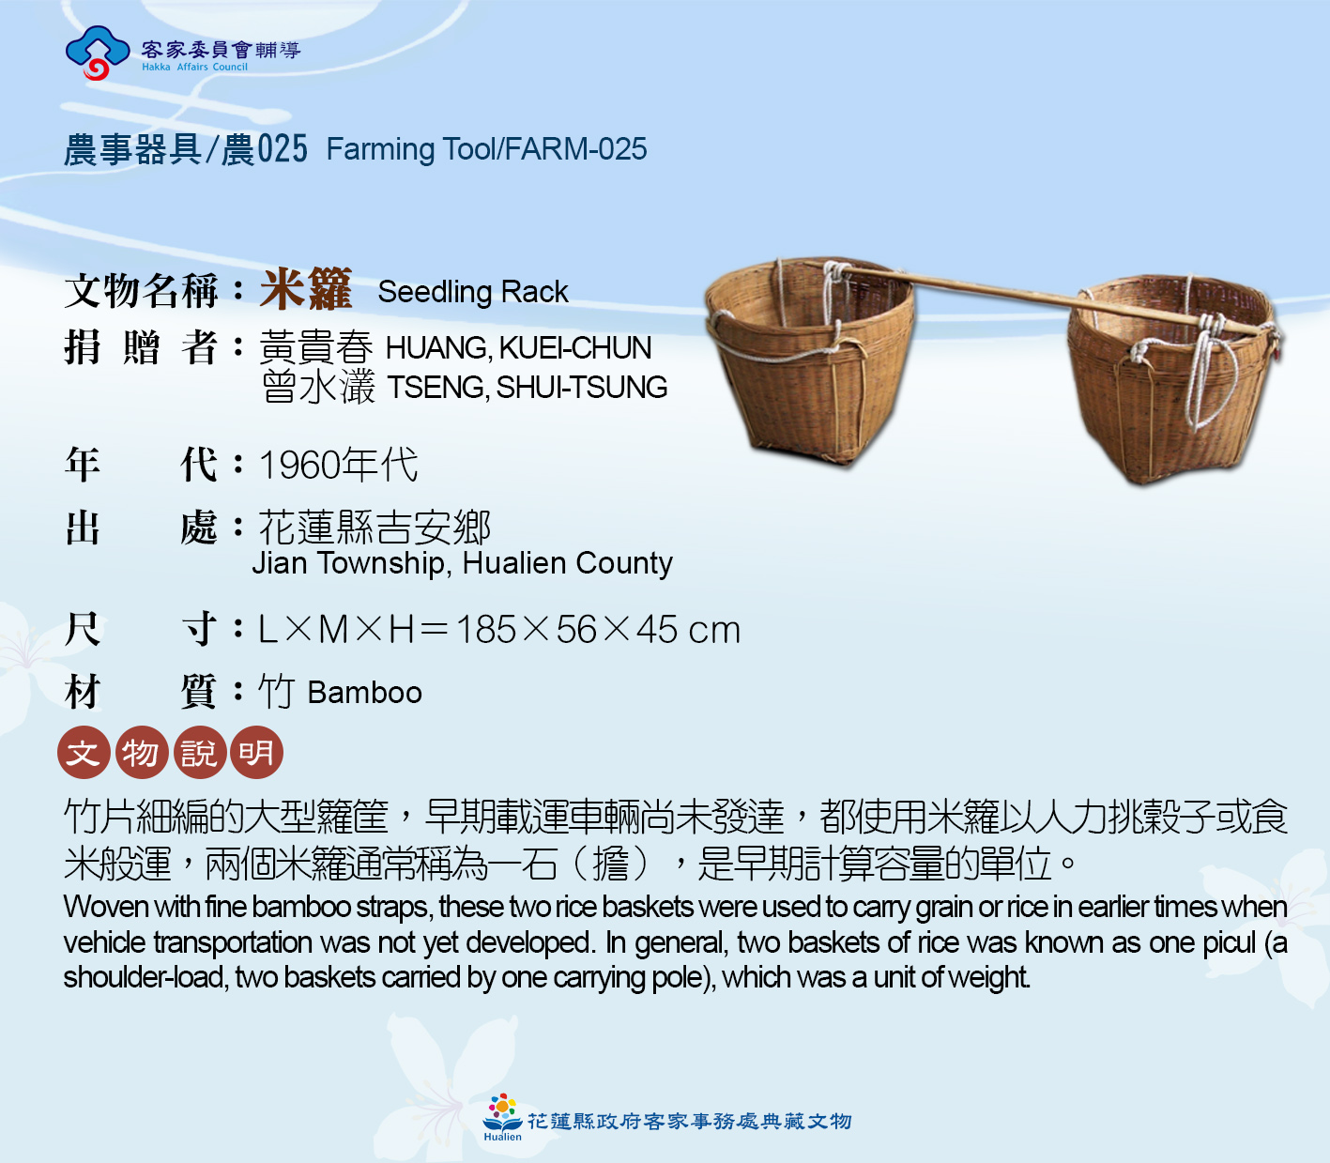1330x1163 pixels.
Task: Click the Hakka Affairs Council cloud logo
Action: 98,53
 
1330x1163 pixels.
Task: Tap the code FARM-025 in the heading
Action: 575,149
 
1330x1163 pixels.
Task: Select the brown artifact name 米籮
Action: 306,288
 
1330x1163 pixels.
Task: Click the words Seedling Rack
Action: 472,292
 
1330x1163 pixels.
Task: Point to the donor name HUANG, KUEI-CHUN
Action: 518,348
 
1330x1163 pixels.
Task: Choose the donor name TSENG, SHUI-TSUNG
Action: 527,387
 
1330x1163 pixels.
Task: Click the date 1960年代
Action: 338,465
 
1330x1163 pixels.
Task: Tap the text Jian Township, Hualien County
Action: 462,563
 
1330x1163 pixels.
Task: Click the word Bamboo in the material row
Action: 365,693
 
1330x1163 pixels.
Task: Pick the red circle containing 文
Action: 84,752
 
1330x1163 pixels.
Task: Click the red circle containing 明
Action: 256,752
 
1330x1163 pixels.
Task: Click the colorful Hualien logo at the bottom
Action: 502,1118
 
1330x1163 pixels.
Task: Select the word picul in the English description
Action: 1230,942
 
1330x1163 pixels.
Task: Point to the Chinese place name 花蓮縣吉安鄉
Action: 375,528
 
